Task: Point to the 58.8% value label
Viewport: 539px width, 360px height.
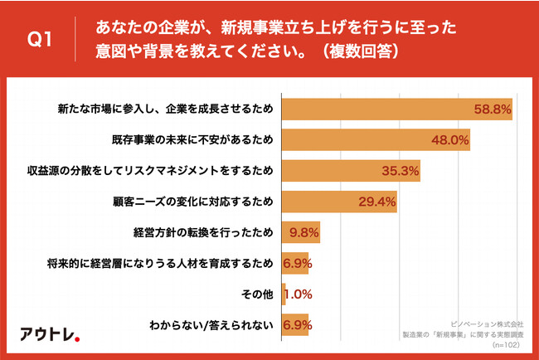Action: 491,109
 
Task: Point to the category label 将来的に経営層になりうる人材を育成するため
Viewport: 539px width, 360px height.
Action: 158,264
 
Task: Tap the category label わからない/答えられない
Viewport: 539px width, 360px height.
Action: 210,325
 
